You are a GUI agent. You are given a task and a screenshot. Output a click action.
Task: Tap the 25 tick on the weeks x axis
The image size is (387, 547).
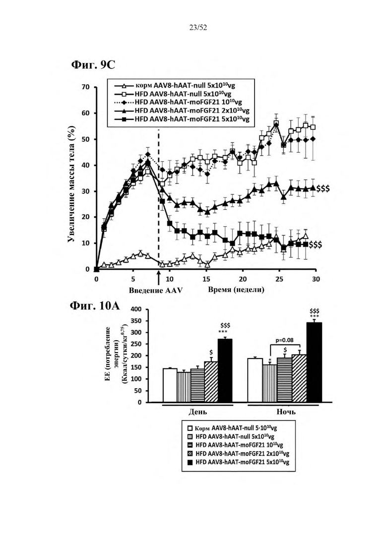[x=279, y=279]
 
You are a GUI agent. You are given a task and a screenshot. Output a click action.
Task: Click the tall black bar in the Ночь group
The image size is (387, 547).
[x=314, y=361]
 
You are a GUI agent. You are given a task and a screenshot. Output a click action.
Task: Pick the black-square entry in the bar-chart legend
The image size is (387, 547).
[x=190, y=462]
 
